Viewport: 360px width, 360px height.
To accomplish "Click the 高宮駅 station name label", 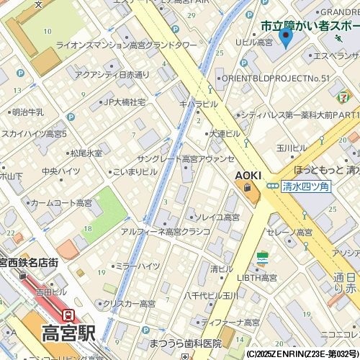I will click(x=68, y=333).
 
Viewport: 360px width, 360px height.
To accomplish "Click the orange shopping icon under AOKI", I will click(x=248, y=188).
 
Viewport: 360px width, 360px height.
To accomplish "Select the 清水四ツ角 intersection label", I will click(x=306, y=186).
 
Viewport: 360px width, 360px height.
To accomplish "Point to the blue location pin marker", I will click(x=285, y=37).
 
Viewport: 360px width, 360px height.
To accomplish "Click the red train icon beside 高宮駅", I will click(x=68, y=315).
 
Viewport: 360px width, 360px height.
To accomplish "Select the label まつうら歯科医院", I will click(x=185, y=343).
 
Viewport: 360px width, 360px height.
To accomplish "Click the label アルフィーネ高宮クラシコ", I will click(x=165, y=231).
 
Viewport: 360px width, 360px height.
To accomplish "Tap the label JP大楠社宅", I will click(x=124, y=102).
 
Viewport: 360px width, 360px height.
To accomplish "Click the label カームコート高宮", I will click(x=61, y=203).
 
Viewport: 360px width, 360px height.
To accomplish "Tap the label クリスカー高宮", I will click(x=129, y=304).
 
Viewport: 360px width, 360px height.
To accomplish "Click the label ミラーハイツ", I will click(x=137, y=266).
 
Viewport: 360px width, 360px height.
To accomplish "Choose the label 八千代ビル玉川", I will click(x=211, y=295).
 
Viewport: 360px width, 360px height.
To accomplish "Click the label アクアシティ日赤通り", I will click(x=112, y=74).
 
